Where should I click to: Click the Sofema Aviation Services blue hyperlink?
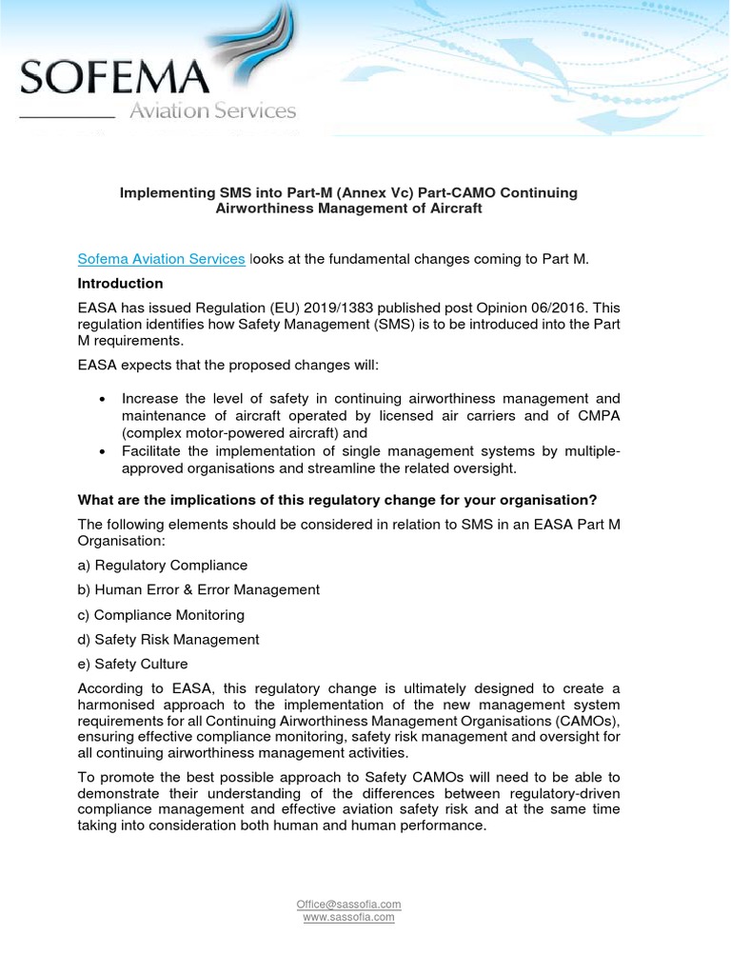[161, 258]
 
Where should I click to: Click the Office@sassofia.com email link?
[348, 904]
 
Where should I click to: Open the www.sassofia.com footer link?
[348, 917]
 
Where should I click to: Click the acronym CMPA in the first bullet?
[596, 415]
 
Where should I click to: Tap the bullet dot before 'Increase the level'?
[102, 399]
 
